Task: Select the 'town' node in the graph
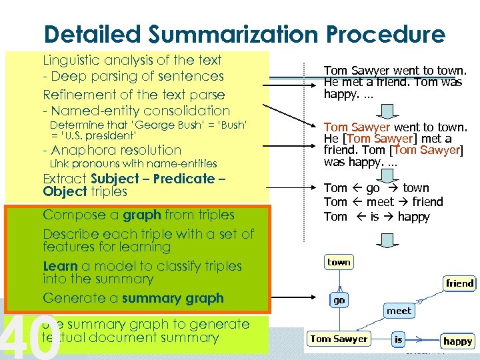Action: click(x=339, y=262)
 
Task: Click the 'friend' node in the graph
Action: click(x=459, y=283)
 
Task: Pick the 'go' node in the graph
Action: click(x=339, y=300)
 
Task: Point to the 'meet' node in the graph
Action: click(x=399, y=311)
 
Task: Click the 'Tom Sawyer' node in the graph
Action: click(x=339, y=339)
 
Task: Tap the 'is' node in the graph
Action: click(x=398, y=340)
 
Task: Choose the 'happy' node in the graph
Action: click(x=457, y=341)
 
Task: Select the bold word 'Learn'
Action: click(x=59, y=266)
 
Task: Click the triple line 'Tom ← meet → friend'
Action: click(x=383, y=202)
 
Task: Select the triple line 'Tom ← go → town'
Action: click(x=377, y=188)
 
